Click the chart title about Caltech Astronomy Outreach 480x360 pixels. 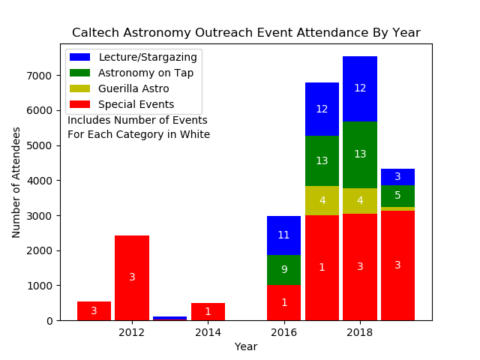[x=246, y=33]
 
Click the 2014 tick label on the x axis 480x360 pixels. [x=208, y=332]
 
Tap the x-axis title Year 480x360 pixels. [x=246, y=346]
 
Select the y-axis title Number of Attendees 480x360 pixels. [x=16, y=182]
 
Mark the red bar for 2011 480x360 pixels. [x=94, y=310]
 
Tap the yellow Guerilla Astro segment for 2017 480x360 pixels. [x=322, y=200]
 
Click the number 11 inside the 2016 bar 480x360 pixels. [x=283, y=235]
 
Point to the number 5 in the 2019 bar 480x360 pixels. [x=397, y=196]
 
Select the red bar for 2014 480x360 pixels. [x=208, y=311]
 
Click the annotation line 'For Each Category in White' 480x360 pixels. [x=139, y=135]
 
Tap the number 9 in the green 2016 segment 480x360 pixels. [x=283, y=270]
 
